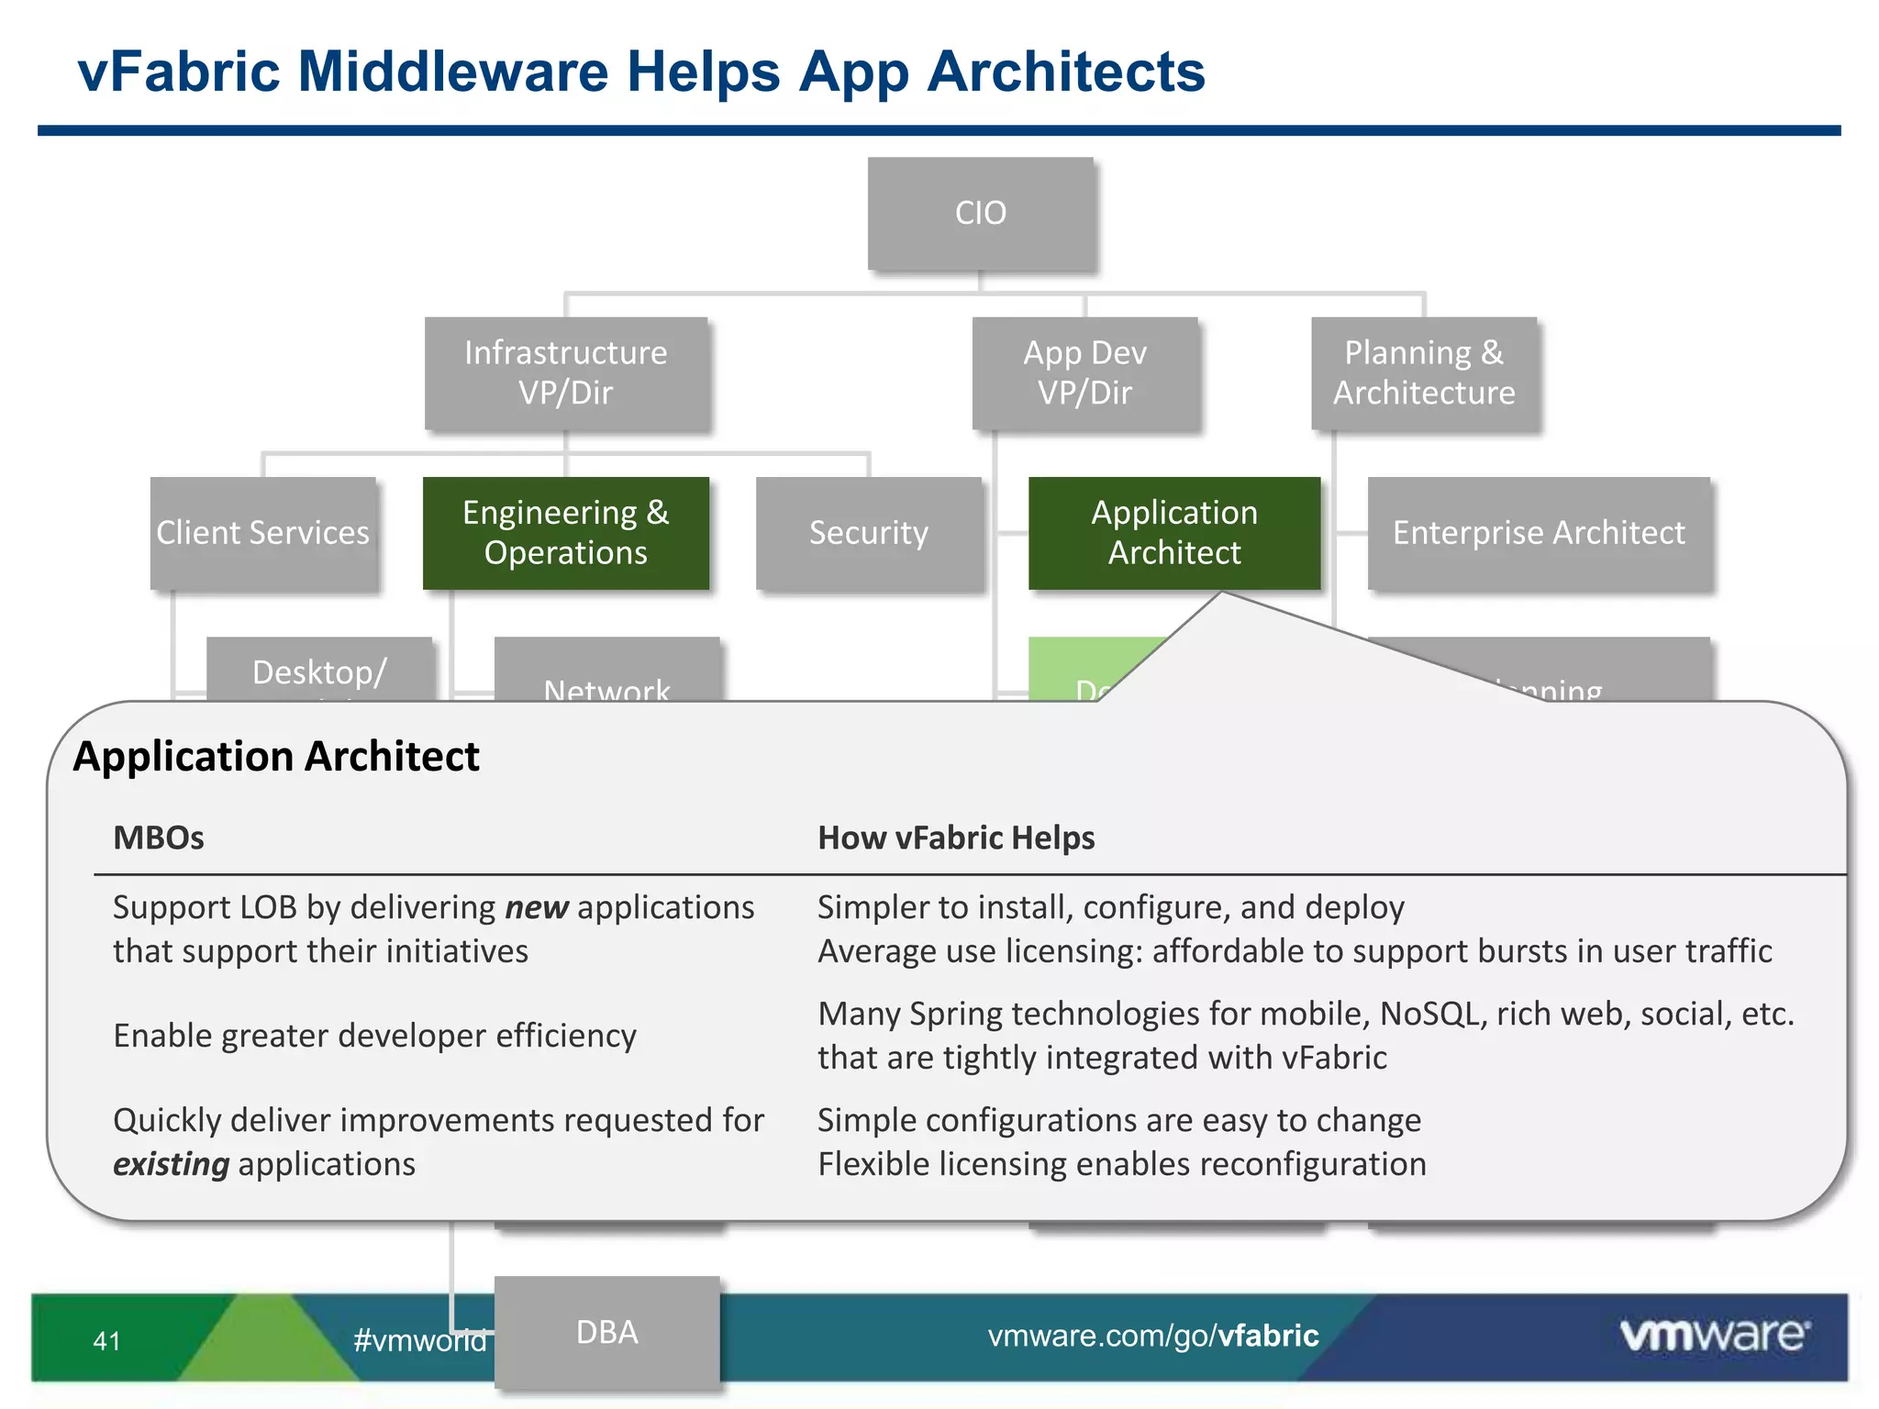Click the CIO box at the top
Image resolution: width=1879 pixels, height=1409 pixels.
coord(981,213)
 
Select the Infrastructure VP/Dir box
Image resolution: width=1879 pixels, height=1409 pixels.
coord(565,372)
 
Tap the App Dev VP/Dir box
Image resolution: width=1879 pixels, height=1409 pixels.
coord(1084,372)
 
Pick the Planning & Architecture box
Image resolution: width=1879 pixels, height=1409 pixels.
coord(1424,372)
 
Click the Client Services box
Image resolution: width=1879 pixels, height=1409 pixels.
coord(263,532)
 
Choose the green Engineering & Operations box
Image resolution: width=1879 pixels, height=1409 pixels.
coord(565,532)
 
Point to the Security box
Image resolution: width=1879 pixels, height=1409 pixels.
coord(868,532)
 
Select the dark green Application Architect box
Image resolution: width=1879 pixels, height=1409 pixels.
coord(1174,532)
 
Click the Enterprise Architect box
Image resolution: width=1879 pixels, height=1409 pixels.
coord(1539,532)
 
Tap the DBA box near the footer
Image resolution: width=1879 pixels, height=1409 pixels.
coord(606,1332)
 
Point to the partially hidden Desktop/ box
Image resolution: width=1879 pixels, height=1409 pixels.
coord(319,670)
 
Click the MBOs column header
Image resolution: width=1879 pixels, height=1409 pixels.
coord(159,838)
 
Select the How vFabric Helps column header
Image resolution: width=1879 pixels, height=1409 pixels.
coord(956,838)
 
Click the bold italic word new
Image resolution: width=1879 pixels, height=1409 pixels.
coord(537,907)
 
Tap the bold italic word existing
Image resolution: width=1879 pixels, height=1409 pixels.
coord(171,1164)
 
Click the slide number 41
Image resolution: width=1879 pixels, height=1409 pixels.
coord(107,1341)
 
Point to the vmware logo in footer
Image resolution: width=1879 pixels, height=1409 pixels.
coord(1714,1335)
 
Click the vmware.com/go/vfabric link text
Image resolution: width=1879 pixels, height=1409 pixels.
coord(1153,1336)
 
